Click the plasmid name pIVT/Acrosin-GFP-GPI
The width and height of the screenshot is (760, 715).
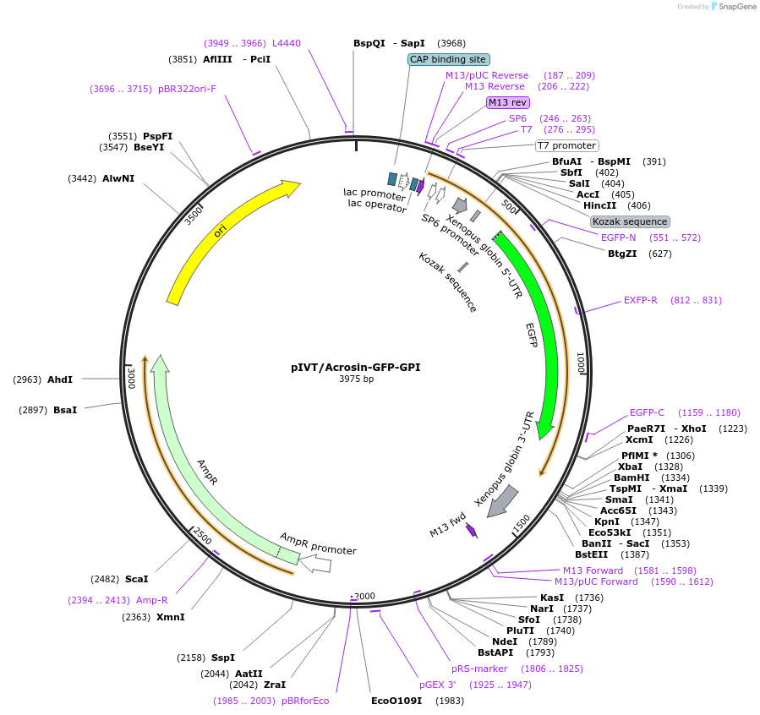coord(355,368)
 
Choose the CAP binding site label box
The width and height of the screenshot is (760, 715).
coord(448,59)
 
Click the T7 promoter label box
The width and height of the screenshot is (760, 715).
coord(566,145)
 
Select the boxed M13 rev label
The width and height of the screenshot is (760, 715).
coord(508,102)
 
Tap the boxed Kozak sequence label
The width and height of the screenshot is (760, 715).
coord(630,221)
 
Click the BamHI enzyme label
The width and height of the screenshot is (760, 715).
coord(632,478)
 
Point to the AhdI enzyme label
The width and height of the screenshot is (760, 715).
coord(60,380)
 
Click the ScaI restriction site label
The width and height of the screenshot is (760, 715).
coord(136,579)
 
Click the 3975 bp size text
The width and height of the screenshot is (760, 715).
coord(356,379)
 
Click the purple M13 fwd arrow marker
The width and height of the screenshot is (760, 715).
coord(471,531)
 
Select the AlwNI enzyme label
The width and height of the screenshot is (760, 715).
coord(118,178)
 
